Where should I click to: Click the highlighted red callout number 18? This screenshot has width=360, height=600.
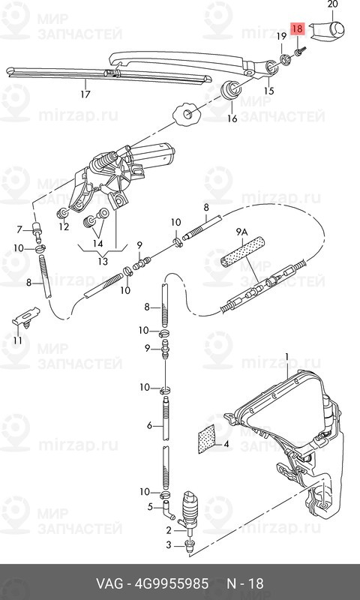297,28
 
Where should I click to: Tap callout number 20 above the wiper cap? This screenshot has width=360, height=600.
332,4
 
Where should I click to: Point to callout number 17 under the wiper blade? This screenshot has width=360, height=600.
85,94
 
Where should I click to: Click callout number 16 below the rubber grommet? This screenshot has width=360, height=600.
232,118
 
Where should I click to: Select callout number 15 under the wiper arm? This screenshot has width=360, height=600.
269,91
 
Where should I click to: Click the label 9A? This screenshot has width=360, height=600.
241,232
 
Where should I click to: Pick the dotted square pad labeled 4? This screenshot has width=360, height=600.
206,439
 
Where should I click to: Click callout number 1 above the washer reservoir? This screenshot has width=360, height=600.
287,358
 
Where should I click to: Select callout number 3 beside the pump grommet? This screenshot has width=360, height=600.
169,545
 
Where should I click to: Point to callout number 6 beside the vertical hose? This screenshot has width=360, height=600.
149,424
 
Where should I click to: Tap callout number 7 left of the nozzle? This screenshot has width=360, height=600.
19,229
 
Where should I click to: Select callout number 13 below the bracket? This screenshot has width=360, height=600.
103,261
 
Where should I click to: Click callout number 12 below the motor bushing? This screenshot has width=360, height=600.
64,226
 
